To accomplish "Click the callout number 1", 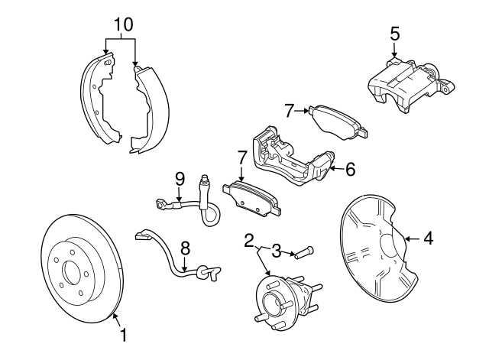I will [x=122, y=335].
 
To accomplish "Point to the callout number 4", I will [x=428, y=239].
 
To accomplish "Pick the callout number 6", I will [x=350, y=169].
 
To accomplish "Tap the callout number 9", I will [x=180, y=179].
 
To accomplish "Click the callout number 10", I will [x=120, y=24].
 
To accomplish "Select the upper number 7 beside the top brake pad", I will [x=288, y=111].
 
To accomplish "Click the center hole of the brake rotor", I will [x=73, y=272].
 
